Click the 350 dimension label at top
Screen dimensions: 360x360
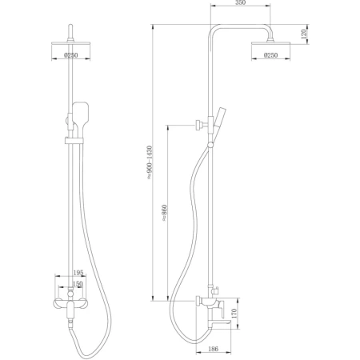point(240,2)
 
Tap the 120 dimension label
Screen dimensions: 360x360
point(304,34)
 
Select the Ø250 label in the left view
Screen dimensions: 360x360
point(71,55)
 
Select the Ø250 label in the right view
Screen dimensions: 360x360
point(270,55)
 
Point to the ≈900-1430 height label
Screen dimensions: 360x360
point(150,162)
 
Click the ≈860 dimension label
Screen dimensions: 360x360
point(164,213)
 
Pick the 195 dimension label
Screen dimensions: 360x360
point(78,273)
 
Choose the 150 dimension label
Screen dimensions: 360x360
point(78,284)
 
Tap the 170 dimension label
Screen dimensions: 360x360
point(234,314)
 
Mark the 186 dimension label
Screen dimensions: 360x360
point(213,349)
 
